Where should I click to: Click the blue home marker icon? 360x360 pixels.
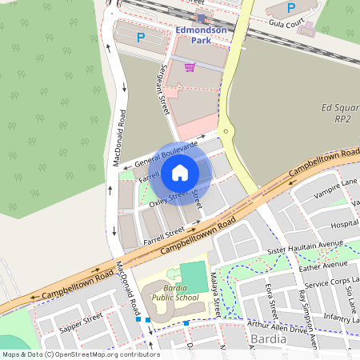[180, 173]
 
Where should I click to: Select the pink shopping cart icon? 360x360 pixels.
[190, 67]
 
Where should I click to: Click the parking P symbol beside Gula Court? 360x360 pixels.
[291, 8]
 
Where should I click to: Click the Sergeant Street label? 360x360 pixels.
[165, 88]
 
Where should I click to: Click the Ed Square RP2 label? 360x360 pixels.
[336, 113]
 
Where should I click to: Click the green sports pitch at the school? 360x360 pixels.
[192, 277]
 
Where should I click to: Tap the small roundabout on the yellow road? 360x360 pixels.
[226, 131]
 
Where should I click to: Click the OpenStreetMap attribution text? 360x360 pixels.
[70, 354]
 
